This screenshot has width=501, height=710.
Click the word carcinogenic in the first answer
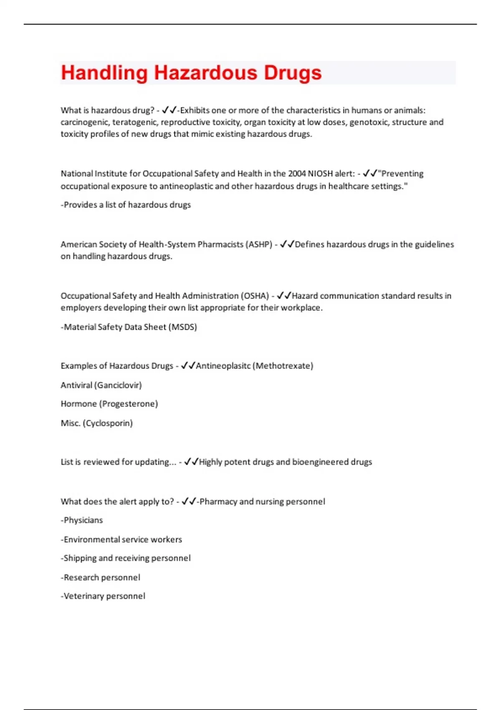[x=84, y=122]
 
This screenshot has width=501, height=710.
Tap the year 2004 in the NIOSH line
[x=297, y=174]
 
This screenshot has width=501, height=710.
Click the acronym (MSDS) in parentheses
[x=182, y=327]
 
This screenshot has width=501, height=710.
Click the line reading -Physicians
[x=82, y=520]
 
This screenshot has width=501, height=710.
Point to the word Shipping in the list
[x=80, y=558]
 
